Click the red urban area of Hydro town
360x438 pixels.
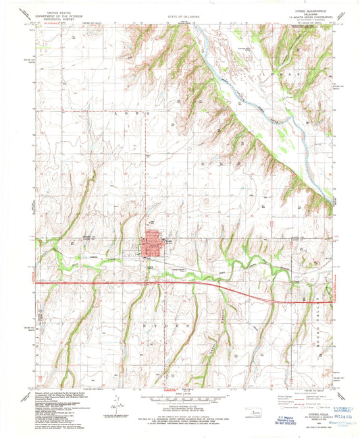153,246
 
